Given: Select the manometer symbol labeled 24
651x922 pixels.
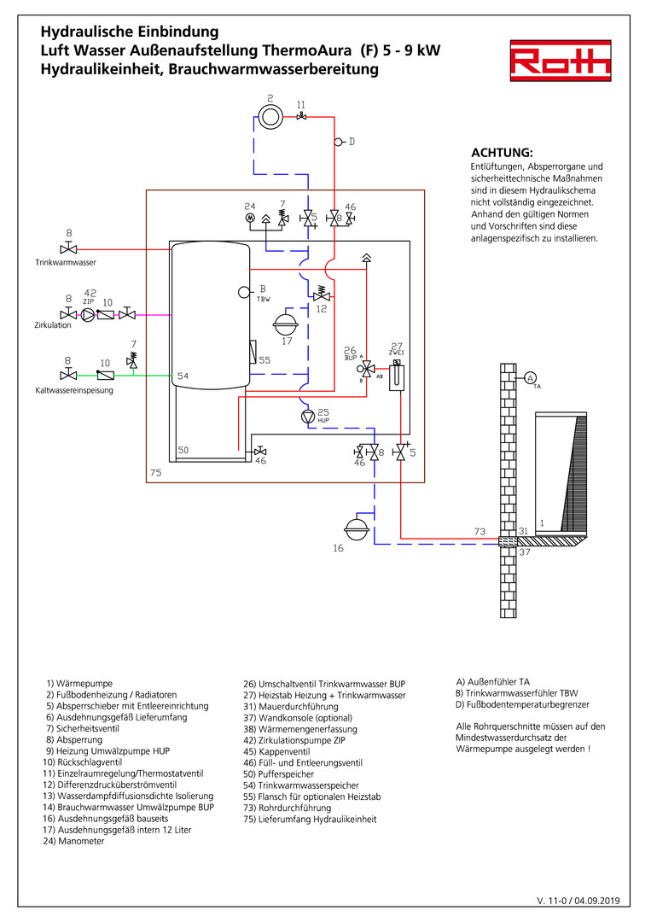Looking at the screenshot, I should tap(251, 219).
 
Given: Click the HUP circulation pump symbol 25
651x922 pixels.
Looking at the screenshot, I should tap(308, 417).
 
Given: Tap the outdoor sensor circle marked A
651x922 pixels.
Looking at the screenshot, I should tap(530, 378).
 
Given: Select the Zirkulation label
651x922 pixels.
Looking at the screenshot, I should tap(54, 325).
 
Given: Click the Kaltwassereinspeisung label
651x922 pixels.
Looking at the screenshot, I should tap(74, 390).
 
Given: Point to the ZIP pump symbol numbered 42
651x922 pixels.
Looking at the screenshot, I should tap(88, 314).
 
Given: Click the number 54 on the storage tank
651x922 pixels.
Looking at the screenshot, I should tap(183, 376).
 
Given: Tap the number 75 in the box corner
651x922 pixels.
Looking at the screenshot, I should tap(155, 472).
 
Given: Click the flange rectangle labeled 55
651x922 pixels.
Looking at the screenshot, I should tap(252, 351).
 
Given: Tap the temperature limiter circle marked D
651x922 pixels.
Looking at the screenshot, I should tap(339, 141).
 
